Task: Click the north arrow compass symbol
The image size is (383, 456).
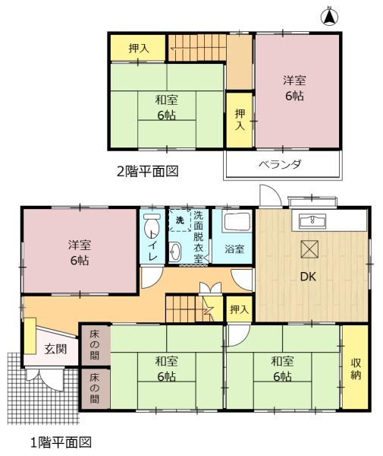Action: (x=329, y=16)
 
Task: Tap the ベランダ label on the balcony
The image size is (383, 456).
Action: (x=280, y=165)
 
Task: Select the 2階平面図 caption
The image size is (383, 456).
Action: (x=147, y=171)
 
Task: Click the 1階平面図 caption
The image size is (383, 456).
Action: (x=61, y=442)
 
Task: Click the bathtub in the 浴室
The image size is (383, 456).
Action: (x=236, y=223)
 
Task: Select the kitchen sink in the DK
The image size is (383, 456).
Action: (x=312, y=220)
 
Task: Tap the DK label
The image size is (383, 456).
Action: (x=308, y=277)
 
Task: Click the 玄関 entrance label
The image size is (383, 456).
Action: (x=55, y=349)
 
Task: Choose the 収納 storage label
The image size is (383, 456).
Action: (x=356, y=369)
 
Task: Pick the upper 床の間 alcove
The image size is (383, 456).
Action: (x=94, y=345)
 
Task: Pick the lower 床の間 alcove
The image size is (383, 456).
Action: (x=94, y=388)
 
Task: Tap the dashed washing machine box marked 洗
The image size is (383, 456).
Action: (x=180, y=220)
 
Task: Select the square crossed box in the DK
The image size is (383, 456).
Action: (x=309, y=249)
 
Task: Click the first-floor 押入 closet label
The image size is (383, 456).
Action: (x=240, y=309)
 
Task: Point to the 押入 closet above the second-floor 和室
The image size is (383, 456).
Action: (x=138, y=49)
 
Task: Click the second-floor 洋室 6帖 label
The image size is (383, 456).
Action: (x=294, y=88)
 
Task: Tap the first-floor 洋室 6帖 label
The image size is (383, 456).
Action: (x=80, y=252)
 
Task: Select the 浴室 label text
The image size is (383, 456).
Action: (x=234, y=249)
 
